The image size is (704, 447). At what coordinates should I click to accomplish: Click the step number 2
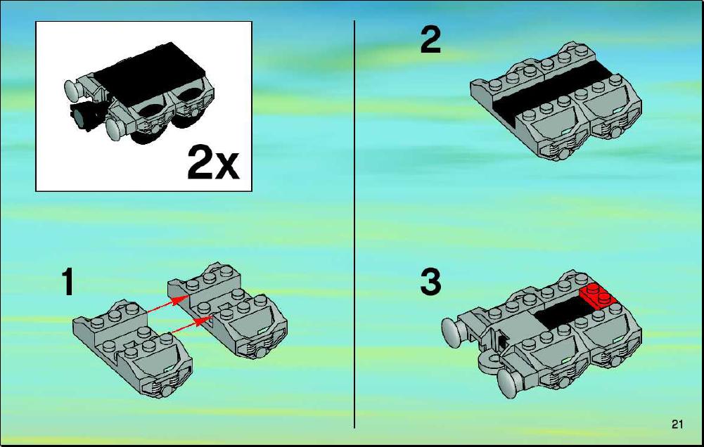click(430, 40)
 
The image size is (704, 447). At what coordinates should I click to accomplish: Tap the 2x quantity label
click(213, 162)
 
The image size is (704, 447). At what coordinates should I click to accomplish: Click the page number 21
click(677, 424)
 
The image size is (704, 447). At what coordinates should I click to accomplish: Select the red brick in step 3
click(598, 296)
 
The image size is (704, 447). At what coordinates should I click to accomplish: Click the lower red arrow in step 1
click(191, 326)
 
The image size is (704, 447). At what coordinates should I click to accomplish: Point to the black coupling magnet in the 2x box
click(85, 116)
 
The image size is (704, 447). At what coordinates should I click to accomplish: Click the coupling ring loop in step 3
click(489, 363)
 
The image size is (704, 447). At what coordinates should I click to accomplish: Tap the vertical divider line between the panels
click(354, 223)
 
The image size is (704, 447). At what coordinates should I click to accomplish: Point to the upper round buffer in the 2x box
click(73, 89)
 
